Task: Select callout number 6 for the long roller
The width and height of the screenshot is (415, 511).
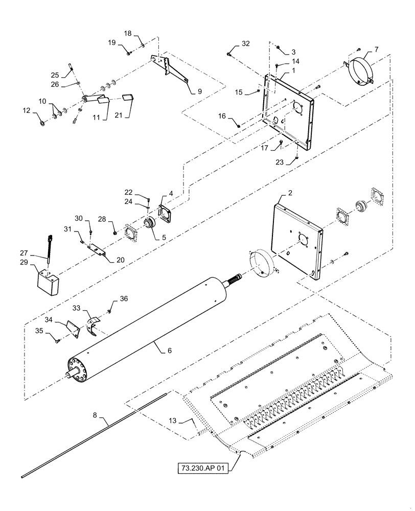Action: tap(163, 350)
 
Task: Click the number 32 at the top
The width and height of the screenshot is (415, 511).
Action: tap(246, 44)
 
